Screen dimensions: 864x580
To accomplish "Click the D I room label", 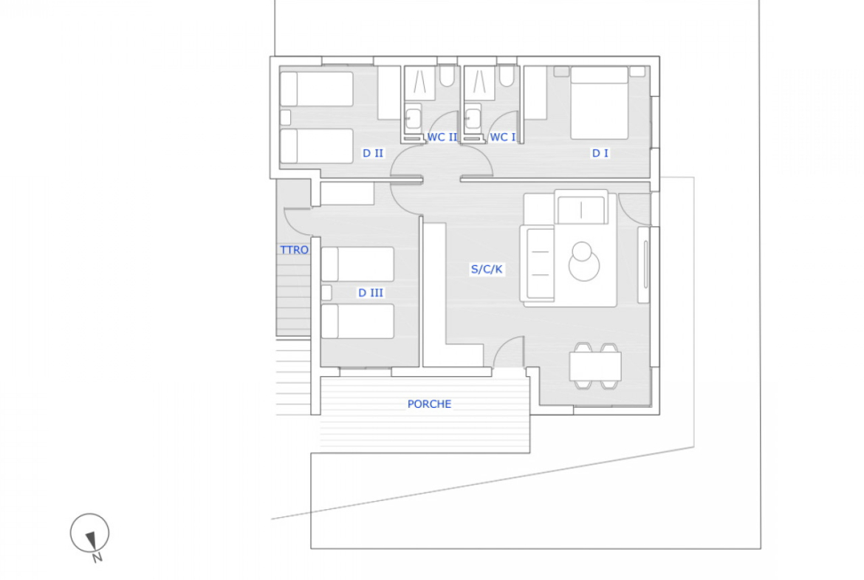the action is coord(600,153).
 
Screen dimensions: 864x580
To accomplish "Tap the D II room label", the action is coord(372,153).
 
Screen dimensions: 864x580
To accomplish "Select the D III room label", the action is coord(370,293).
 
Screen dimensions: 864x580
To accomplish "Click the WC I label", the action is coord(503,137).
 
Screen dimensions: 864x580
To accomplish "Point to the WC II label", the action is coord(442,137).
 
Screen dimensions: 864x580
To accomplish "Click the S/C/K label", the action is coord(487,269).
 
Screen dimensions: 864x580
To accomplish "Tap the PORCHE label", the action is coord(429,404).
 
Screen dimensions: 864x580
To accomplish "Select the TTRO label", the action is coord(294,250).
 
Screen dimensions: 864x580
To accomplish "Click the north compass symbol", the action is coord(90,535).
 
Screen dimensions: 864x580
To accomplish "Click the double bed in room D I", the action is coord(600,103).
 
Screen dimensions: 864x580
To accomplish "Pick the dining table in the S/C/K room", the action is coord(596,366).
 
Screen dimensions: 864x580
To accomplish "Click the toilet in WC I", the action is coord(507,76).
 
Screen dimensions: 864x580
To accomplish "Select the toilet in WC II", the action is coord(447,76).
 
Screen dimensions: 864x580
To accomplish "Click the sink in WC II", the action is coord(413,117).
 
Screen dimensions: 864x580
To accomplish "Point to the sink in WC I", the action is coord(473,117).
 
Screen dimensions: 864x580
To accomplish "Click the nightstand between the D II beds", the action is coord(286,117).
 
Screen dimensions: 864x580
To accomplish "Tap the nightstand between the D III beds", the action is coord(326,292).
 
